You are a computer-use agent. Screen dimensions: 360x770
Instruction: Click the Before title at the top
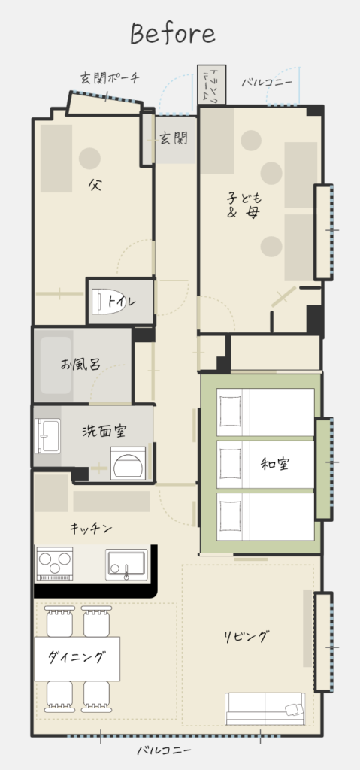tap(173, 34)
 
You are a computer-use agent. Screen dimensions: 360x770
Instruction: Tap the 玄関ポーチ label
tap(110, 77)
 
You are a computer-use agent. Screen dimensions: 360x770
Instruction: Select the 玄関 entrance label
tap(174, 138)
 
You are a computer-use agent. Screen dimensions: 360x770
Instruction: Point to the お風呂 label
tap(80, 365)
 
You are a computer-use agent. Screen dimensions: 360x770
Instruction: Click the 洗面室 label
tap(104, 431)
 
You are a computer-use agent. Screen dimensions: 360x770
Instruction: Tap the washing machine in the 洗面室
tap(129, 463)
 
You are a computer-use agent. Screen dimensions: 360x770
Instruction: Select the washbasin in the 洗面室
tap(47, 436)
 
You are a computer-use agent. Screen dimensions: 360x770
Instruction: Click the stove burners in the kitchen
tap(55, 564)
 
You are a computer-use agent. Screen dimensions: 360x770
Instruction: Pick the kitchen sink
tap(126, 565)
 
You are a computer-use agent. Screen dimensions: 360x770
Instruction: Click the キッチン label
tap(91, 529)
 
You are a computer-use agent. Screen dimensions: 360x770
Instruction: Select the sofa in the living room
tap(265, 708)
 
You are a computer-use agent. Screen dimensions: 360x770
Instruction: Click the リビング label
tap(247, 637)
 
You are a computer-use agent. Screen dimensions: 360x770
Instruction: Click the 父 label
tap(95, 185)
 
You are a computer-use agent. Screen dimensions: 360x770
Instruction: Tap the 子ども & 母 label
tap(244, 205)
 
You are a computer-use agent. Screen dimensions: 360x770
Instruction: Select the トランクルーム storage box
tap(212, 84)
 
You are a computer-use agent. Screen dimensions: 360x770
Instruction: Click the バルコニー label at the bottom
tap(164, 750)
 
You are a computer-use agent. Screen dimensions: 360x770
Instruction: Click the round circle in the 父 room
tap(90, 159)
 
